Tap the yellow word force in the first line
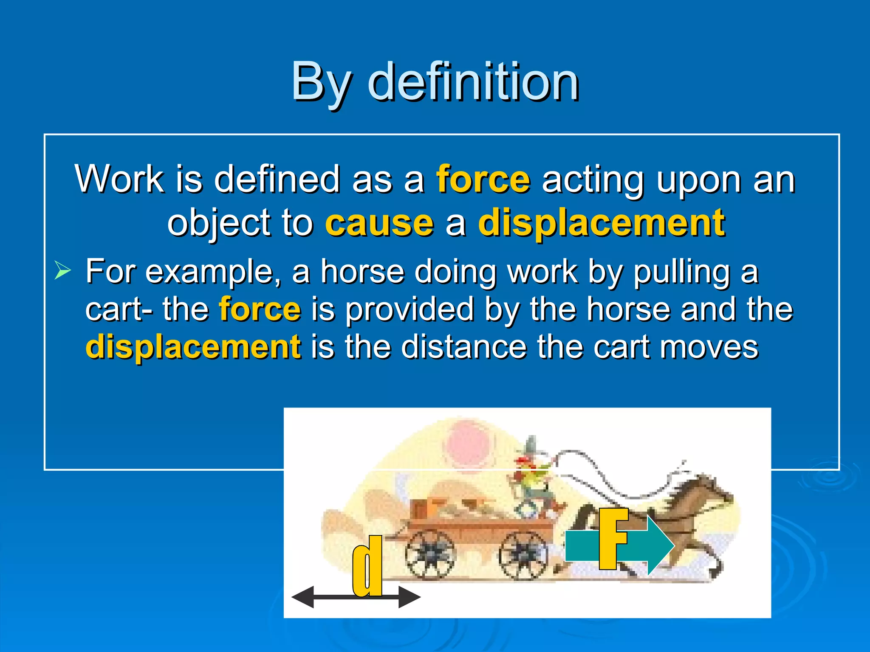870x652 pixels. click(x=483, y=180)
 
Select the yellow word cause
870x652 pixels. click(x=379, y=223)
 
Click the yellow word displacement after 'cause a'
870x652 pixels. click(x=602, y=223)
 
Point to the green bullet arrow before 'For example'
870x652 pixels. click(x=62, y=271)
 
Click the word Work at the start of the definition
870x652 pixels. click(x=119, y=180)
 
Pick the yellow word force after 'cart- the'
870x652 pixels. click(x=260, y=309)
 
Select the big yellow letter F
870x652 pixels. click(x=613, y=538)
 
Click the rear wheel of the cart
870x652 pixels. click(x=429, y=554)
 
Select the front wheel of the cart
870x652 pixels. click(x=523, y=554)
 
